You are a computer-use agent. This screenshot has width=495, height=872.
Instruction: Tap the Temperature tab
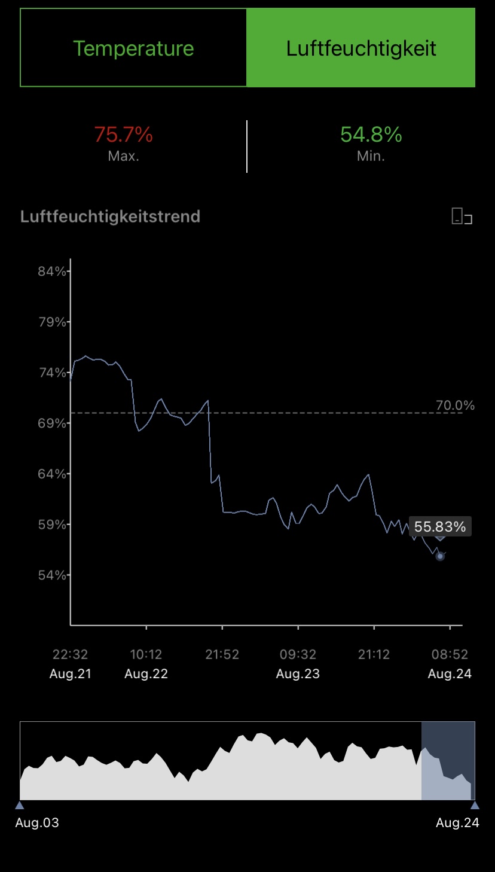[x=133, y=48]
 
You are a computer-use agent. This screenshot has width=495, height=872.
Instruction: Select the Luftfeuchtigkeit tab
[x=361, y=48]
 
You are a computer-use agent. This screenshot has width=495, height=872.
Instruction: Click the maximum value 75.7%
[x=124, y=135]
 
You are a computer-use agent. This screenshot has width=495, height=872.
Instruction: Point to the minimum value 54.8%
[x=371, y=135]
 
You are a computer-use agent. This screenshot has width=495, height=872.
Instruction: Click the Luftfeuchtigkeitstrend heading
[x=110, y=216]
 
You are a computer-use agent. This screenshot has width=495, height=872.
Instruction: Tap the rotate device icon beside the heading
[x=462, y=216]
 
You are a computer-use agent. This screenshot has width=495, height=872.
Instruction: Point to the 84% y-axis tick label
[x=52, y=272]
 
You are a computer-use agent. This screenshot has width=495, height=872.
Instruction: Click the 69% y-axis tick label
[x=52, y=423]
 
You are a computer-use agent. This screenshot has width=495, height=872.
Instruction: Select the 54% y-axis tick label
[x=52, y=575]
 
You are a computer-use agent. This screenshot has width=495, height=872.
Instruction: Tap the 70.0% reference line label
[x=455, y=405]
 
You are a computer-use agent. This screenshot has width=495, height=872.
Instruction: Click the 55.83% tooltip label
[x=440, y=527]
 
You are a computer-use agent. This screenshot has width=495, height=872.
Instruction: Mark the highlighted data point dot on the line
[x=440, y=556]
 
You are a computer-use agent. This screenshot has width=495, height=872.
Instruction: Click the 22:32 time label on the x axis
[x=71, y=655]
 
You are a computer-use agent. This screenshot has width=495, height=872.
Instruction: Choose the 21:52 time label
[x=222, y=655]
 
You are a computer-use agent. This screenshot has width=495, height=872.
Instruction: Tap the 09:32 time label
[x=298, y=655]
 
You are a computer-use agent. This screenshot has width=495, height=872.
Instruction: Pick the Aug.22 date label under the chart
[x=146, y=674]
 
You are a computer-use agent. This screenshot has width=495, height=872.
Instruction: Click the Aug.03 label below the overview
[x=37, y=823]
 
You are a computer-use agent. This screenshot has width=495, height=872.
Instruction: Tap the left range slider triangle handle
[x=20, y=805]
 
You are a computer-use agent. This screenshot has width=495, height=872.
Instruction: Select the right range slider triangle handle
[x=475, y=805]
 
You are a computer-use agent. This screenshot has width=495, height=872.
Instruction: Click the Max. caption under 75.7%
[x=124, y=156]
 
